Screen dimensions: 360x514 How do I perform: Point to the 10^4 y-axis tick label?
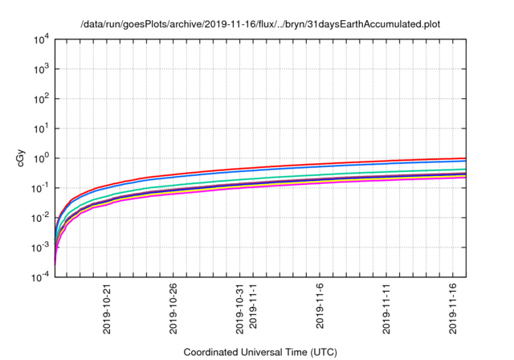coord(41,39)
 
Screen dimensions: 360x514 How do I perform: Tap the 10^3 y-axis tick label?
coord(41,69)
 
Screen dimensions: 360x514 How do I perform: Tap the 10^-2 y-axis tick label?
coord(39,218)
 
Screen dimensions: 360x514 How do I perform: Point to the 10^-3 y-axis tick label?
coord(39,247)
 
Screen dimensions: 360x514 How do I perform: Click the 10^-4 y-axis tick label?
coord(39,277)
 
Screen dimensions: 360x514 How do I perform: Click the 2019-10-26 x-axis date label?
coord(173,309)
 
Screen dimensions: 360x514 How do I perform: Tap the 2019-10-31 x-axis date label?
coord(240,309)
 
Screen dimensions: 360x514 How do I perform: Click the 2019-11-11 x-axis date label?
coord(387,309)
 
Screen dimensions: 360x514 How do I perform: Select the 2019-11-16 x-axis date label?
coord(454,309)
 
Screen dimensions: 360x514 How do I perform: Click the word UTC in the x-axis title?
coord(321,352)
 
